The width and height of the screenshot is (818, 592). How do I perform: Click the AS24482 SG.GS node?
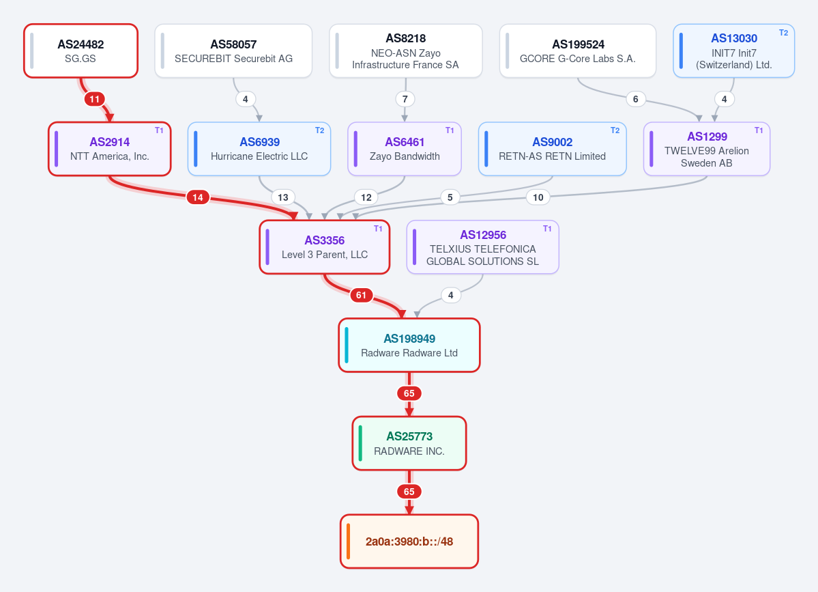(81, 51)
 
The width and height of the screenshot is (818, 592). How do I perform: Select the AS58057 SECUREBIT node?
(233, 51)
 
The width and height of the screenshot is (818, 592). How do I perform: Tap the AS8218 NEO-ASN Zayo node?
(406, 51)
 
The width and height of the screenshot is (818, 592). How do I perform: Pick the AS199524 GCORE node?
(577, 51)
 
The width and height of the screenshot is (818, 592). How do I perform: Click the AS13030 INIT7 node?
(733, 51)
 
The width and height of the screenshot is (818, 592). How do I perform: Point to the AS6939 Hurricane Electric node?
(259, 149)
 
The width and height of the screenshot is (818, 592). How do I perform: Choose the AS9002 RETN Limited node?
(552, 149)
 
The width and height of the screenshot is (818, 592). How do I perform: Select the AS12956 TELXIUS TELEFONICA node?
(482, 247)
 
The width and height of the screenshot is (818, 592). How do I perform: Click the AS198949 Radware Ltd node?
(409, 345)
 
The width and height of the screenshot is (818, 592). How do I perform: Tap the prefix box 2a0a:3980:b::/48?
(409, 541)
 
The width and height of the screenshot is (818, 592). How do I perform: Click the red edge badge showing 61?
(361, 295)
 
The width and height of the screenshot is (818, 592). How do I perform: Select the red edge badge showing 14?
(198, 197)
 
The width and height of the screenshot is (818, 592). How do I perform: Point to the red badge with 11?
(94, 98)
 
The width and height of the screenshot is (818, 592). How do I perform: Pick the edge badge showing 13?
(282, 197)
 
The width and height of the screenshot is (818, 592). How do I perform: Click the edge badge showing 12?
(366, 197)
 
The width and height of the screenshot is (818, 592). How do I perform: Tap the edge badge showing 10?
(538, 197)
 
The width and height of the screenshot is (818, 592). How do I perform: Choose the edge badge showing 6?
(635, 98)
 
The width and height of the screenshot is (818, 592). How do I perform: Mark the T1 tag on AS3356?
(378, 229)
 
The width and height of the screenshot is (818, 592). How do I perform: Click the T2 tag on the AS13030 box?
(784, 32)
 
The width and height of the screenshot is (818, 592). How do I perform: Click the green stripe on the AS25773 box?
(360, 443)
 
